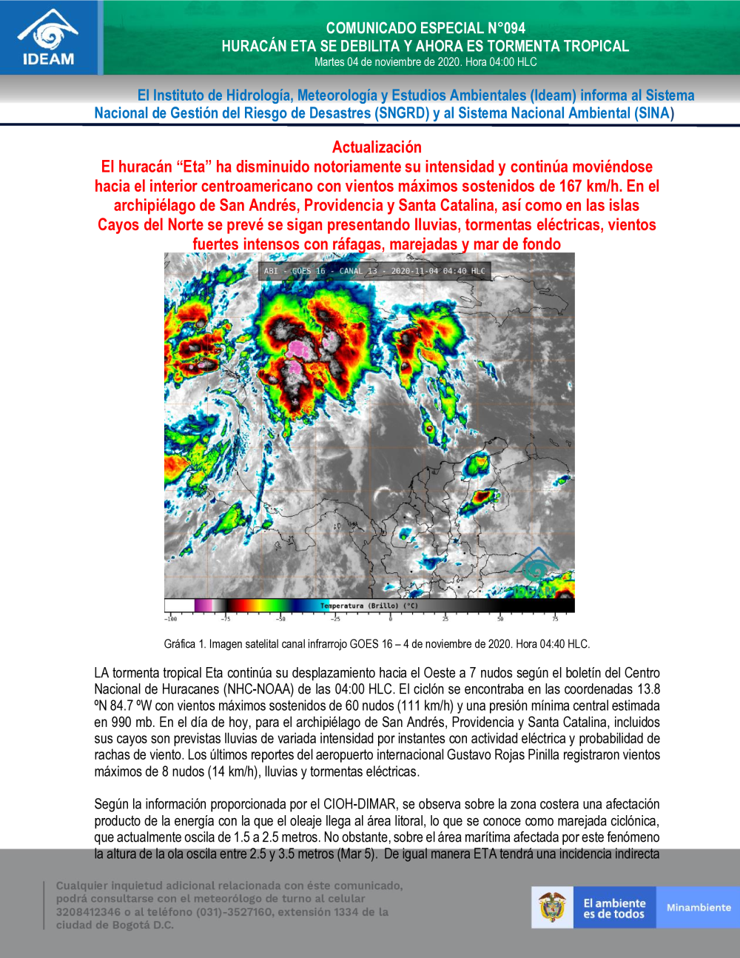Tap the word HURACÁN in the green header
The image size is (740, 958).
[254, 46]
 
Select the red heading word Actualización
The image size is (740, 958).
[377, 147]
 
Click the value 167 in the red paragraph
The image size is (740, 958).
[571, 186]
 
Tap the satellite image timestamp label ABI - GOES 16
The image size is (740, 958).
[295, 271]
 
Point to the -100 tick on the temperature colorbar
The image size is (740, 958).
[170, 618]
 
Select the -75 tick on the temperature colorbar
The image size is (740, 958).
[225, 618]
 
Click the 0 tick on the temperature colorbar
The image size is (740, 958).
[390, 618]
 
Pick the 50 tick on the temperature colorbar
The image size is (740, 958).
[500, 618]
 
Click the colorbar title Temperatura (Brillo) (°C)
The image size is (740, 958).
[369, 606]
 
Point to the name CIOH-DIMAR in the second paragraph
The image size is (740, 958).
[360, 804]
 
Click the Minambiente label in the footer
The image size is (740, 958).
[698, 907]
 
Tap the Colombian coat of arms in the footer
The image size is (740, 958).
[552, 907]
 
